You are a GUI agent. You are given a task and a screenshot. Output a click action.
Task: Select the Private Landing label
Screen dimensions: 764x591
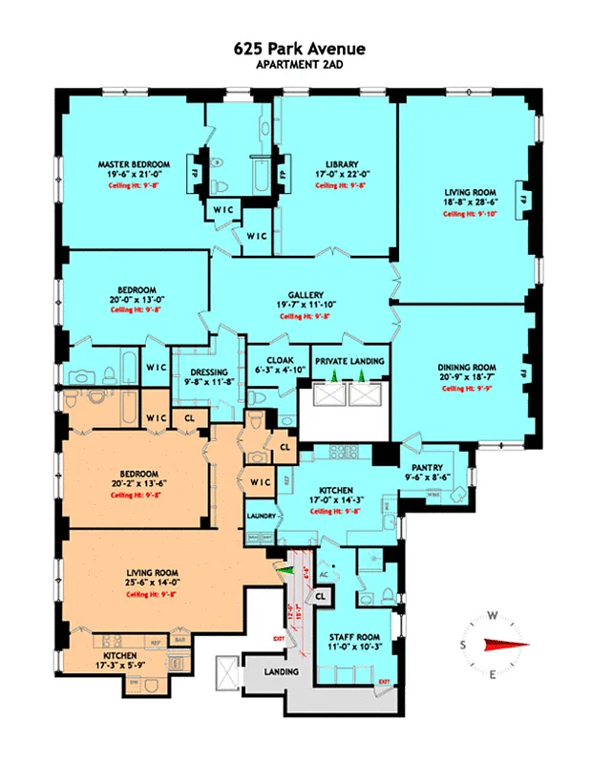click(349, 361)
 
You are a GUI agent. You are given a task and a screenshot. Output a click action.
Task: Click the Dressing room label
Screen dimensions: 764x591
click(209, 371)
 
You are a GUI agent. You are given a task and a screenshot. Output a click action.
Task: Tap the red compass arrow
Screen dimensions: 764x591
click(504, 644)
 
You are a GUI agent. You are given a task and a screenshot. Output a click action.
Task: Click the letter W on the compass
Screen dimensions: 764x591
click(493, 616)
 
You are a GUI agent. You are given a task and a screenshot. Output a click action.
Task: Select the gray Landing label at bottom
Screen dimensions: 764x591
click(283, 672)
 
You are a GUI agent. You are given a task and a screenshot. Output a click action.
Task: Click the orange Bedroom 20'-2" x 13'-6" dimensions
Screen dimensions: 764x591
click(132, 484)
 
